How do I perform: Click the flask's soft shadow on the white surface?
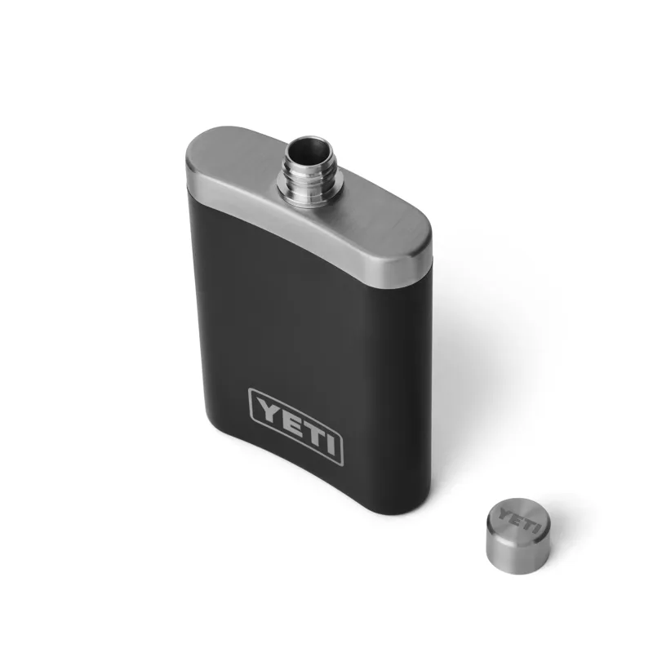457,343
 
